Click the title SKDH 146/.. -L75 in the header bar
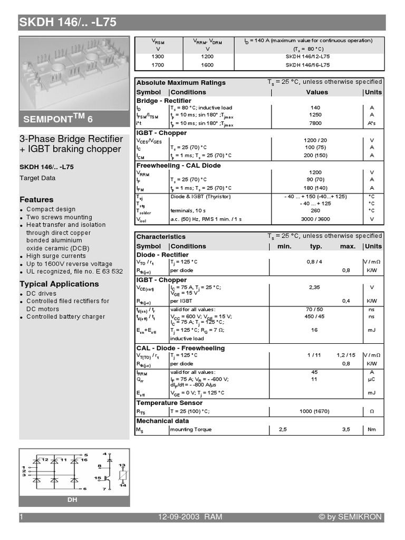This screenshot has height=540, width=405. pyautogui.click(x=68, y=22)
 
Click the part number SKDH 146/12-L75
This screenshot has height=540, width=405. pyautogui.click(x=308, y=56)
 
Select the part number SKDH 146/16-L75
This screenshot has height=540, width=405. pyautogui.click(x=308, y=65)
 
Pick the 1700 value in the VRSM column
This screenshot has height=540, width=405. pyautogui.click(x=158, y=65)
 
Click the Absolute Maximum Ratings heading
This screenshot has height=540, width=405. pyautogui.click(x=181, y=83)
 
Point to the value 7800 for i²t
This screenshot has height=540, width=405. pyautogui.click(x=315, y=123)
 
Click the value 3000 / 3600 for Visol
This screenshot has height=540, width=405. pyautogui.click(x=315, y=219)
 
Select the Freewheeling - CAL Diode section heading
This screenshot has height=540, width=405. pyautogui.click(x=179, y=166)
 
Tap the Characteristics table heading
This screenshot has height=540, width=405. pyautogui.click(x=161, y=237)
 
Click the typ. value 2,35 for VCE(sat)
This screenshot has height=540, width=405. pyautogui.click(x=315, y=287)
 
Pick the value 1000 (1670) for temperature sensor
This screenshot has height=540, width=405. pyautogui.click(x=315, y=412)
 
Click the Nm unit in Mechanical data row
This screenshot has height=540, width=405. pyautogui.click(x=372, y=430)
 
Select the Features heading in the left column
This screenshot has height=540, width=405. pyautogui.click(x=36, y=200)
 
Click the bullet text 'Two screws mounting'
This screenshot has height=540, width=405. pyautogui.click(x=59, y=217)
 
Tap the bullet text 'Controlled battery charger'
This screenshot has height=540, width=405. pyautogui.click(x=65, y=317)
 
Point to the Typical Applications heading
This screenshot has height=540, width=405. pyautogui.click(x=59, y=284)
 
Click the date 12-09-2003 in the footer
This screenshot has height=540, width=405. pyautogui.click(x=179, y=517)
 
